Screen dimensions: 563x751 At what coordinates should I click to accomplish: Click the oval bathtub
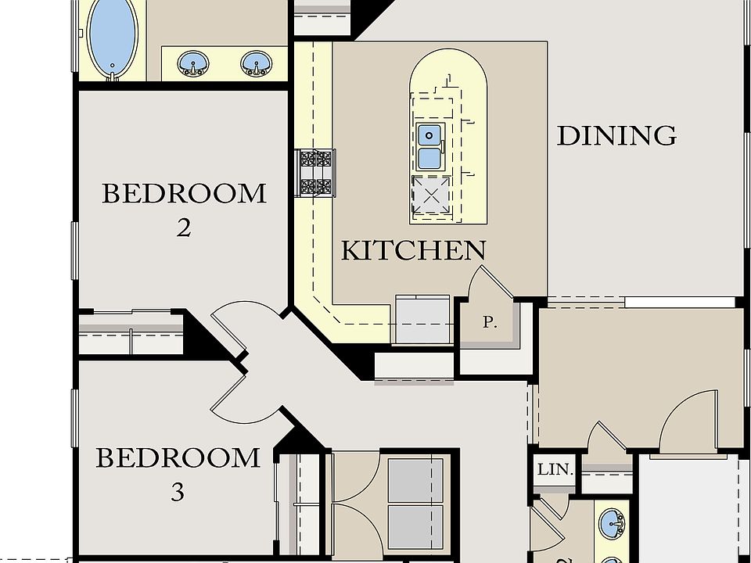pos(113,37)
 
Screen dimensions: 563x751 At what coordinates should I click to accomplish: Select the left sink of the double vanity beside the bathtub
pos(192,63)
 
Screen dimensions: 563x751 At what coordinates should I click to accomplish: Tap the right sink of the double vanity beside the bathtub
pos(254,63)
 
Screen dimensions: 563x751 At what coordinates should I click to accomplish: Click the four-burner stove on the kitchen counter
pos(315,172)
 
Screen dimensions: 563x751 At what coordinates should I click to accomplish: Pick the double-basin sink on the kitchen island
pos(429,147)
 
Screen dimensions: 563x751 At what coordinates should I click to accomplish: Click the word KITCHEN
pos(413,250)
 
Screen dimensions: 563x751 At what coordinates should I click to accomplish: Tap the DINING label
pos(616,136)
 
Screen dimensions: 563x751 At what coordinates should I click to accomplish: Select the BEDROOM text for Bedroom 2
pos(184,193)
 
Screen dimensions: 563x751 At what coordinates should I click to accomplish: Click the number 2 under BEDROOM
pos(183,228)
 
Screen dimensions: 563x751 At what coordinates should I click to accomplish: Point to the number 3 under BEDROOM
pos(178,493)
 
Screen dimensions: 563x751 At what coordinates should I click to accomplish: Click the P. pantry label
pos(490,322)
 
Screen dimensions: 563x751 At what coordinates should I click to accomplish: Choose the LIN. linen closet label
pos(555,471)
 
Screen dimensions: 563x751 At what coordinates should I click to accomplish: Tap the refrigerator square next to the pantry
pos(422,320)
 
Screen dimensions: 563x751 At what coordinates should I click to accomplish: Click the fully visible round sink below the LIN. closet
pos(610,522)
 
